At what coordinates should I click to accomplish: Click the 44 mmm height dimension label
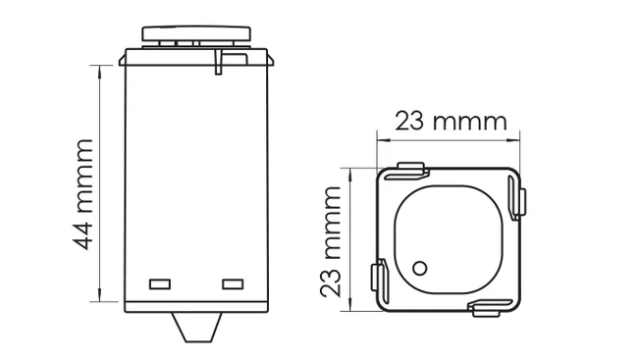83,193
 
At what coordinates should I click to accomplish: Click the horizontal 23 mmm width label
451,122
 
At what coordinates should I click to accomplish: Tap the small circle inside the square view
420,267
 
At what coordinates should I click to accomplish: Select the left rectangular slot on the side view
160,283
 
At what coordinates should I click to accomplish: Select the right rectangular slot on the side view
232,283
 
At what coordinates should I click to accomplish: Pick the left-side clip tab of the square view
376,277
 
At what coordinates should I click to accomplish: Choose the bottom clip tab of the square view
486,309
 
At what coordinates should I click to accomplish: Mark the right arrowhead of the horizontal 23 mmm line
516,139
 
